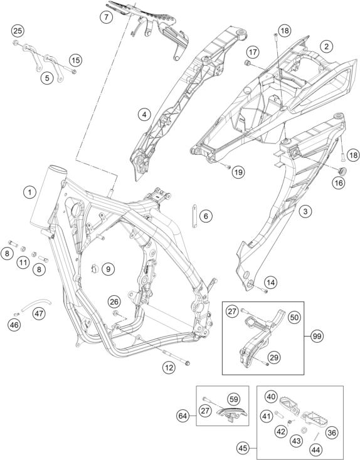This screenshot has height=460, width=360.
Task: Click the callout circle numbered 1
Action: coord(29,193)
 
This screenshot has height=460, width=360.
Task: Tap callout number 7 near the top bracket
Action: coord(106,17)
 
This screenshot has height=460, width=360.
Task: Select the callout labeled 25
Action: coord(18,31)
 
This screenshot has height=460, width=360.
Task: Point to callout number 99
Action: coord(317,336)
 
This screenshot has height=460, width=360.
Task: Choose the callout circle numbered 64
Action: coord(183,416)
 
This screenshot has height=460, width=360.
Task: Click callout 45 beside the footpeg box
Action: coord(243,448)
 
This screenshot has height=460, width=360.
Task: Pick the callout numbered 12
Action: coord(169,368)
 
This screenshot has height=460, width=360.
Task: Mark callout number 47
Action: coord(39,313)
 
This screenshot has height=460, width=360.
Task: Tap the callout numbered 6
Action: coord(206,216)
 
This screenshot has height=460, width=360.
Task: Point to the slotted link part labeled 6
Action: coord(194,216)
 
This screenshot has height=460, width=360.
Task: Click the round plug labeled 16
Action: coord(342,170)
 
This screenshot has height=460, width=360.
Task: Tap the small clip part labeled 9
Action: coord(95,268)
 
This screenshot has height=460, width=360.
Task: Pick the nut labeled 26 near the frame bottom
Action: coord(115,313)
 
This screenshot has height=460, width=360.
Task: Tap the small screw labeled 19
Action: coord(228,167)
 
